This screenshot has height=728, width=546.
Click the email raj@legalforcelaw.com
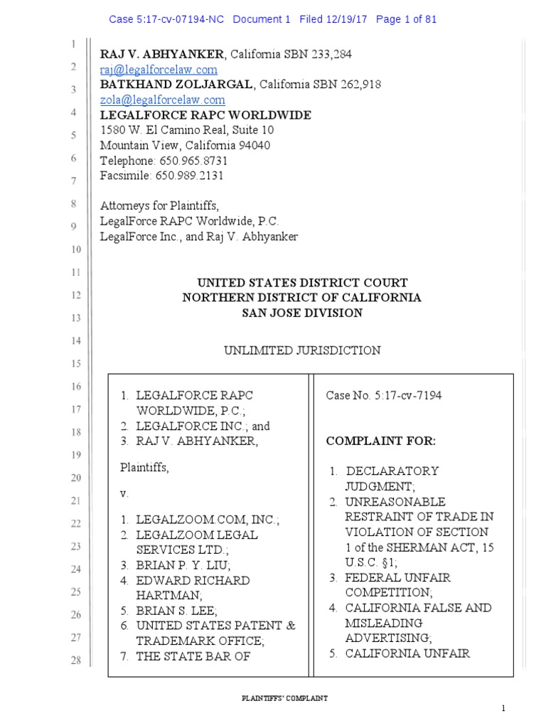[x=159, y=70]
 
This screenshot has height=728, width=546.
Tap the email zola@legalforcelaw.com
[x=162, y=100]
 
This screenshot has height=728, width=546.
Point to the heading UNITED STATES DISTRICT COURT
[x=302, y=282]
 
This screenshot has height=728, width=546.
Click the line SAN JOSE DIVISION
[x=302, y=313]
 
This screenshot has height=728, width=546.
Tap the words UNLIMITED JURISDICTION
[x=302, y=350]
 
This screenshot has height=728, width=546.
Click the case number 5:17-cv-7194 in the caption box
[x=408, y=395]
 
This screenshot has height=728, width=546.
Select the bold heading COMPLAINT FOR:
[x=380, y=441]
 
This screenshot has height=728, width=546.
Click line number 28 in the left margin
[x=73, y=661]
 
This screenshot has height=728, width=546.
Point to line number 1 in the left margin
[x=73, y=44]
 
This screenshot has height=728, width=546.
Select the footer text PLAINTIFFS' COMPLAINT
[x=283, y=699]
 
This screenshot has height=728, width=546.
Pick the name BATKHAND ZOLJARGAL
[x=176, y=85]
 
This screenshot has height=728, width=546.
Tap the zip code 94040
[x=257, y=146]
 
